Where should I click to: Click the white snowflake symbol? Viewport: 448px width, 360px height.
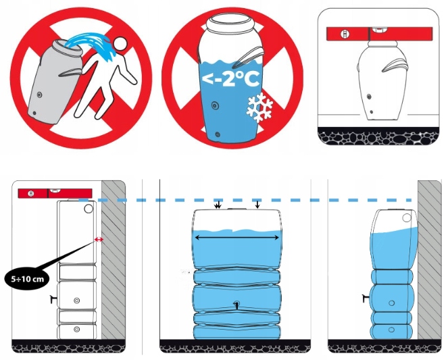(x=259, y=107)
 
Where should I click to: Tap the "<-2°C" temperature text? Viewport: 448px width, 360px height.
(x=231, y=79)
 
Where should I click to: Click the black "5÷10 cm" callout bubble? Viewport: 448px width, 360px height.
(x=28, y=279)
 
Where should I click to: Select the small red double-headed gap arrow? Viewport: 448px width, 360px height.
(x=99, y=240)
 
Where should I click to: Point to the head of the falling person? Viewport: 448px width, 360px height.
(x=120, y=44)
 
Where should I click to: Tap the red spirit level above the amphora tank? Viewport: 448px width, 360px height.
(x=379, y=34)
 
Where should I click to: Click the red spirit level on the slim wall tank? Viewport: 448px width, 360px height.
(x=55, y=193)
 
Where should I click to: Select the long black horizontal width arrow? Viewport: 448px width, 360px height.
(x=237, y=238)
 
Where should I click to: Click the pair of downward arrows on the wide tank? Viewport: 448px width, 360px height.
(x=218, y=205)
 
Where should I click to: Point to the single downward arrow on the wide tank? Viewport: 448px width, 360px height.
(x=257, y=205)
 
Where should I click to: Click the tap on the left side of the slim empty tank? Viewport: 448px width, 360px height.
(x=53, y=299)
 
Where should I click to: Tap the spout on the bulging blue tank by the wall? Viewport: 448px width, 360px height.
(x=366, y=299)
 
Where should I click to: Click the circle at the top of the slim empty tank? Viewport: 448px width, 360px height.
(x=89, y=209)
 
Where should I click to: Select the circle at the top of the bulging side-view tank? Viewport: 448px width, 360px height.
(x=407, y=218)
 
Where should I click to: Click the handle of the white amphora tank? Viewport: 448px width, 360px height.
(x=395, y=66)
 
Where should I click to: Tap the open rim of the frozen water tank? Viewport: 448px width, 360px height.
(x=230, y=22)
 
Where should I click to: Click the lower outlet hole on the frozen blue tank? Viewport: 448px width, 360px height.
(x=218, y=134)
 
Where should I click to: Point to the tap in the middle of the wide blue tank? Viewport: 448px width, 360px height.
(x=237, y=305)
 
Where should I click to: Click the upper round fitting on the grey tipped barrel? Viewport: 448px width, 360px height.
(x=40, y=95)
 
